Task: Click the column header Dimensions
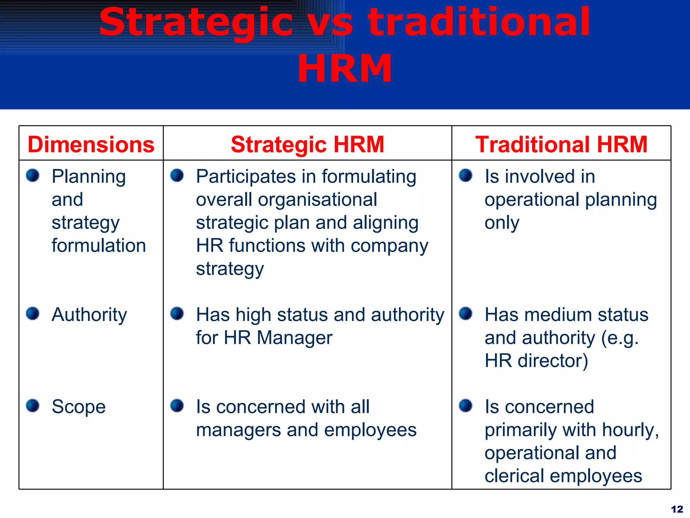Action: (x=91, y=144)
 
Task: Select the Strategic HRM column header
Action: (x=307, y=144)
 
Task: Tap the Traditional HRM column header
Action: (x=561, y=144)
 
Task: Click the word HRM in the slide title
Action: (x=344, y=69)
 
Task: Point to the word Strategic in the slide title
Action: (x=195, y=23)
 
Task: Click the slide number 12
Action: (x=677, y=509)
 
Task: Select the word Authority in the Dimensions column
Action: (x=89, y=315)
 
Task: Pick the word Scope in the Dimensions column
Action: (x=79, y=407)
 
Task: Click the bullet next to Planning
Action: (x=33, y=175)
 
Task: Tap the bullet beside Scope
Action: (x=33, y=405)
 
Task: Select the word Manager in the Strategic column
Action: (x=294, y=338)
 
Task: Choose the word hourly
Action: (x=630, y=430)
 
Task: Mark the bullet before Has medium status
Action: (x=466, y=313)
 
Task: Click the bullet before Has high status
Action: (x=177, y=313)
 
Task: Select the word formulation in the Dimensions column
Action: (x=99, y=246)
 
